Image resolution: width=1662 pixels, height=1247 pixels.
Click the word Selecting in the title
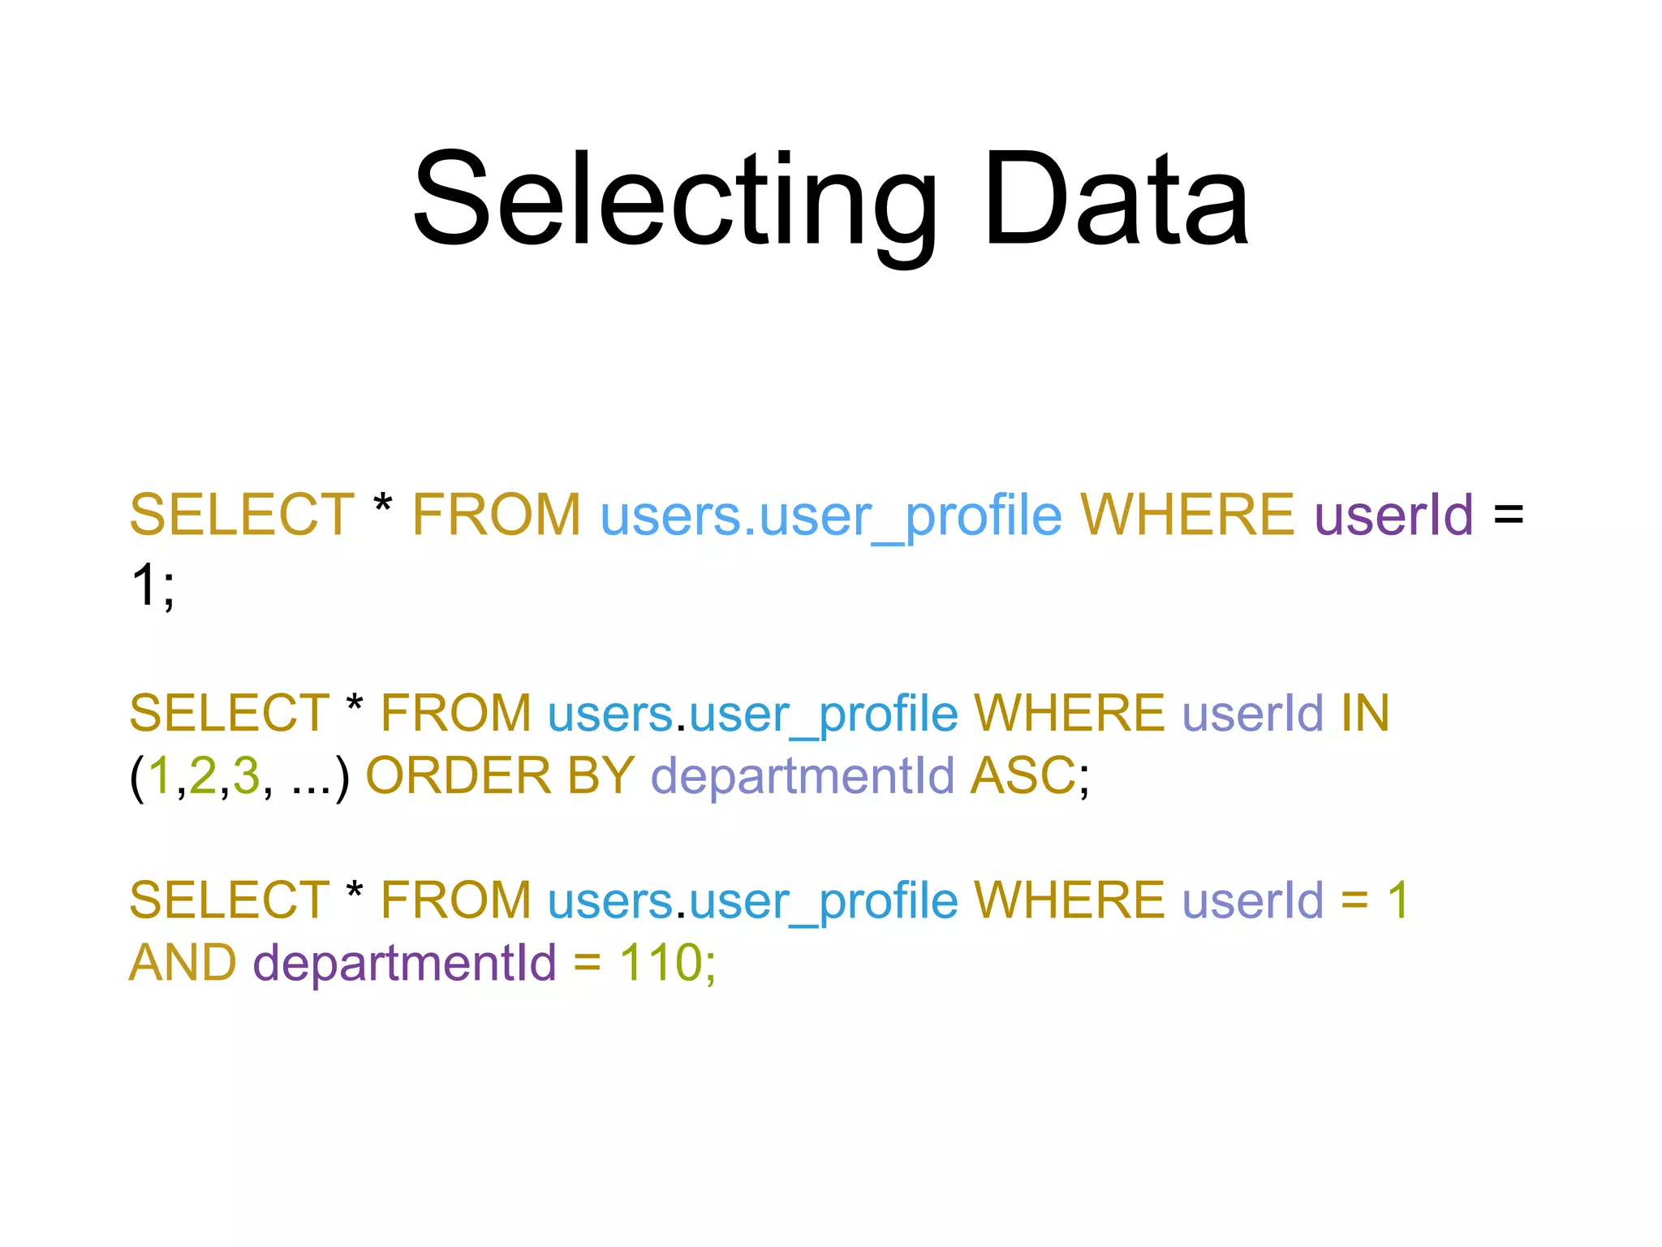pyautogui.click(x=674, y=200)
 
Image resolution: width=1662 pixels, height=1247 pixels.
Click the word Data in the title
pyautogui.click(x=1115, y=200)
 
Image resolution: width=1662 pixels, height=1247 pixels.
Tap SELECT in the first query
pyautogui.click(x=242, y=515)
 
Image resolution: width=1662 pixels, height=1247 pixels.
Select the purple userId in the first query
pyautogui.click(x=1393, y=515)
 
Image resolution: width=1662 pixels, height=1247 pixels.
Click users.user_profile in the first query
pyautogui.click(x=830, y=516)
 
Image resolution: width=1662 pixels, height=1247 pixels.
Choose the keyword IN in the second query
pyautogui.click(x=1365, y=713)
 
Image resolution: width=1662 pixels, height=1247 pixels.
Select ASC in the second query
pyautogui.click(x=1023, y=775)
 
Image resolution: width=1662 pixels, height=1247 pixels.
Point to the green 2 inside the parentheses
pyautogui.click(x=203, y=775)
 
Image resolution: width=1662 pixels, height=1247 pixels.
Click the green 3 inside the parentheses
pyautogui.click(x=246, y=775)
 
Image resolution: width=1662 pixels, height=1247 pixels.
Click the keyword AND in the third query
pyautogui.click(x=183, y=963)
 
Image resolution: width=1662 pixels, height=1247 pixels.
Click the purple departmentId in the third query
pyautogui.click(x=404, y=964)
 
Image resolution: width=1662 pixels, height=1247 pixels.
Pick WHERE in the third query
pyautogui.click(x=1069, y=900)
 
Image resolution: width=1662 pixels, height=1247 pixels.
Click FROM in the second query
pyautogui.click(x=455, y=713)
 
